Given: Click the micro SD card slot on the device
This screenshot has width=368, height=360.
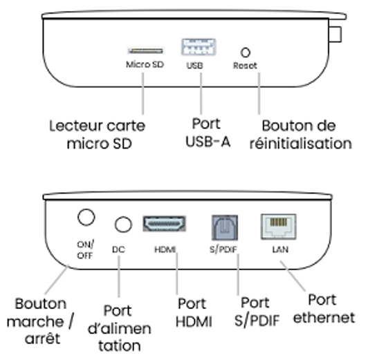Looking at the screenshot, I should click(x=145, y=50).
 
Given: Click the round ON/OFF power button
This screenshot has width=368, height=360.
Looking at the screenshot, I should click(x=86, y=218).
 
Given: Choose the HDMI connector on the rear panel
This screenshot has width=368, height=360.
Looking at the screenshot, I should click(x=164, y=224).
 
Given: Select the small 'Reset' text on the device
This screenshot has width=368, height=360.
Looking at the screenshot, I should click(x=245, y=65).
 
